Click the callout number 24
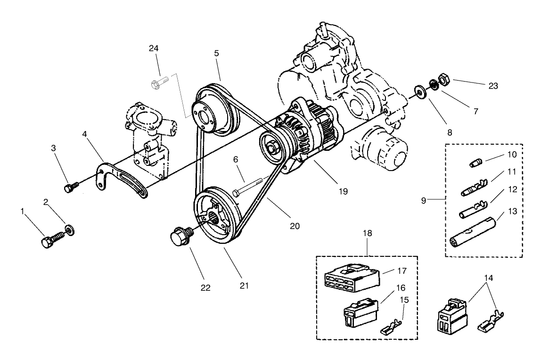click(154, 49)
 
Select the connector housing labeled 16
click(359, 312)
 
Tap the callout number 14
click(489, 278)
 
